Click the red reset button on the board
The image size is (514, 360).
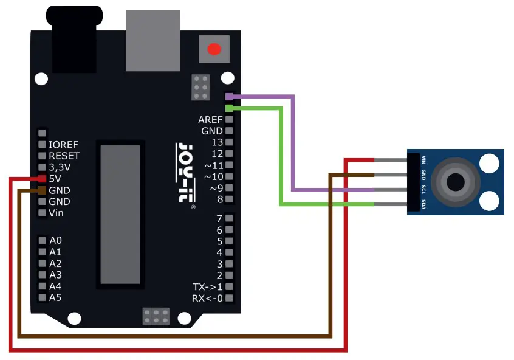coord(213,49)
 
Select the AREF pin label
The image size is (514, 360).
coord(210,120)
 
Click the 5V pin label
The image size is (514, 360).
coord(55,179)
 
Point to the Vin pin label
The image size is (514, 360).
coord(56,213)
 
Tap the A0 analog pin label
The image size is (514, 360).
coord(55,240)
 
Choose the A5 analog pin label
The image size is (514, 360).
coord(55,297)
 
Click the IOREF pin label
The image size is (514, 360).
coord(63,145)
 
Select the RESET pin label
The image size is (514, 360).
coord(64,156)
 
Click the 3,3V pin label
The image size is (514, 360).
coord(60,167)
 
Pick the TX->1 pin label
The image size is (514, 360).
coord(207,286)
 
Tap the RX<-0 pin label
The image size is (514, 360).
coord(207,298)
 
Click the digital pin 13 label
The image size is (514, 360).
coord(217,142)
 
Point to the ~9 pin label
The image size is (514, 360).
coord(216,188)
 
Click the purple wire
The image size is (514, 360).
coord(293,146)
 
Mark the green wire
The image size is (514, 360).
coord(281,158)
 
